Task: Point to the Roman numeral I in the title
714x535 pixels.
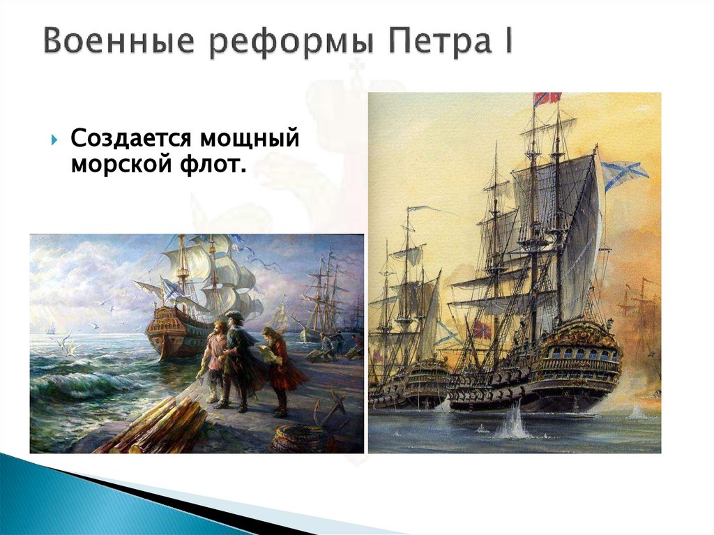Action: (x=507, y=41)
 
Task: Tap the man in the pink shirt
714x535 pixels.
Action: (x=217, y=356)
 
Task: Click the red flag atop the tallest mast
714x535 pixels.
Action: (x=547, y=98)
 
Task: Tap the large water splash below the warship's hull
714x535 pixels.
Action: (x=512, y=426)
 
